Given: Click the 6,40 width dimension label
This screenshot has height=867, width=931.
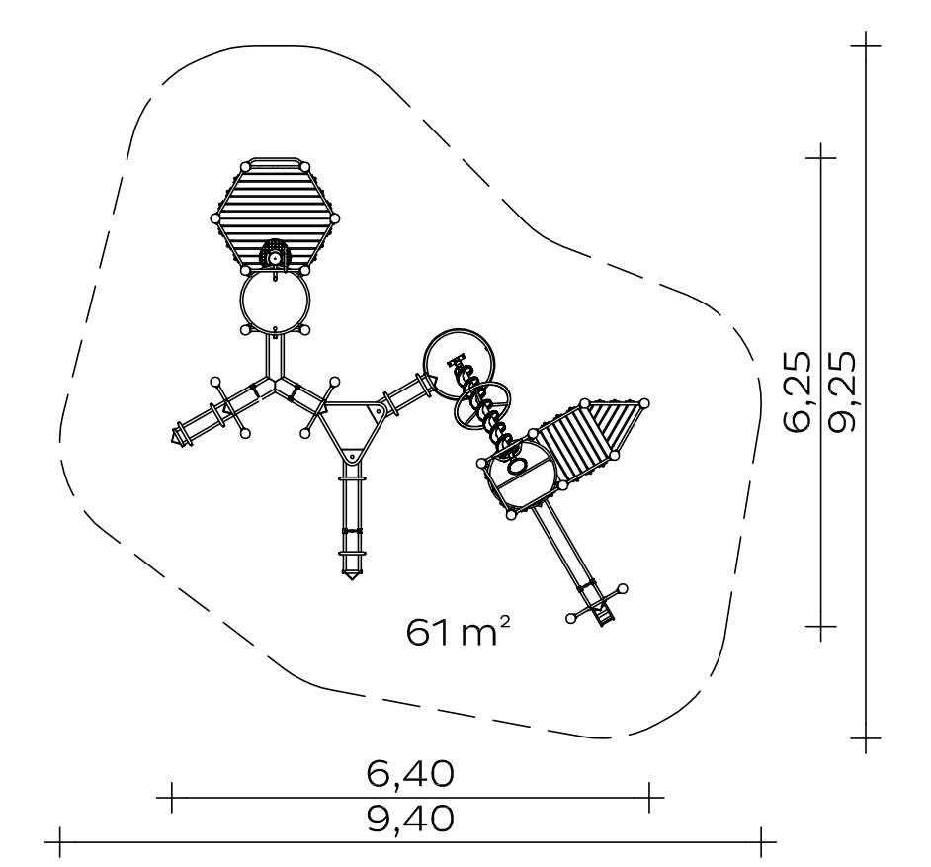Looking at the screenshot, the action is [x=410, y=774].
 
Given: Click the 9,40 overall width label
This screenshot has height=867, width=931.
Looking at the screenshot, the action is [x=410, y=819].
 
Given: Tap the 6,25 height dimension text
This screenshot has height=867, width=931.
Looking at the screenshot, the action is [x=797, y=391].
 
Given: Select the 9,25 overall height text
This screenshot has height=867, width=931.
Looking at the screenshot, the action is [x=842, y=391].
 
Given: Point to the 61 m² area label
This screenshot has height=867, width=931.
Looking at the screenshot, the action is [x=458, y=631].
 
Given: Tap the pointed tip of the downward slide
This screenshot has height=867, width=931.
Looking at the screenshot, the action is [x=352, y=578].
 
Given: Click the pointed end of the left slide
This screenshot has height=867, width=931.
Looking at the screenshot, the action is [x=173, y=437].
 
